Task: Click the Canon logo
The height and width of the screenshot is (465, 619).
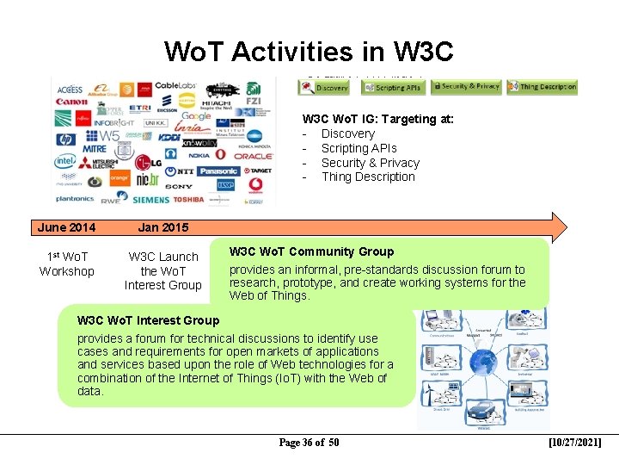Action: [71, 102]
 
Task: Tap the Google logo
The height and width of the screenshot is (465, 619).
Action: [196, 116]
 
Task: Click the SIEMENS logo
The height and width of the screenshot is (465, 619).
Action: [150, 199]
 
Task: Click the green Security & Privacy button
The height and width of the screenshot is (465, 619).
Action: [466, 86]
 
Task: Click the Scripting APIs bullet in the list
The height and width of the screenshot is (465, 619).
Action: [359, 148]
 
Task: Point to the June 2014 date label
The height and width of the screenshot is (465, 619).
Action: [66, 227]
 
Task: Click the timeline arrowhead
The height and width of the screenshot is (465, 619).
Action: [558, 226]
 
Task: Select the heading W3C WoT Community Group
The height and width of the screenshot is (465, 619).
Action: [311, 251]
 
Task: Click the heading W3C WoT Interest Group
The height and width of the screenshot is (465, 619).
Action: [148, 320]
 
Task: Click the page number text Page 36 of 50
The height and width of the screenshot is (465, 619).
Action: [309, 443]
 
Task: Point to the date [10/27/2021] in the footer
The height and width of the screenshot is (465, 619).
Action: [574, 443]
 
